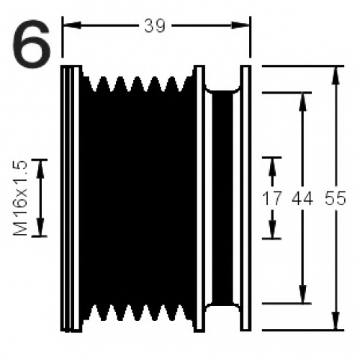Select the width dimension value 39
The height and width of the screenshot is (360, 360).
(x=155, y=26)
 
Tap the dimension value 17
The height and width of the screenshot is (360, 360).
(x=271, y=199)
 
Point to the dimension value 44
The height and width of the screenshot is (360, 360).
(x=302, y=199)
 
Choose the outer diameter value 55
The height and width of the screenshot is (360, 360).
(x=336, y=199)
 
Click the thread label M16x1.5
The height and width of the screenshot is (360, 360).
(x=20, y=198)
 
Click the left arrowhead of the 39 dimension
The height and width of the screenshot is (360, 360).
(x=71, y=25)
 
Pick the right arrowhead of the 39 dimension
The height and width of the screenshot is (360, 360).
(x=240, y=25)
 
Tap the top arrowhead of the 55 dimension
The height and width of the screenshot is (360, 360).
(x=336, y=75)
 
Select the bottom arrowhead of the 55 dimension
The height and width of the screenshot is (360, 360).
(x=336, y=320)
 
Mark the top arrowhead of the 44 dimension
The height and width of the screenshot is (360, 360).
(x=303, y=102)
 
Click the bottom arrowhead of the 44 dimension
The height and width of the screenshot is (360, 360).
(x=303, y=294)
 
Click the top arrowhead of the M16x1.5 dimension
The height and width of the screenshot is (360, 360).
(x=40, y=169)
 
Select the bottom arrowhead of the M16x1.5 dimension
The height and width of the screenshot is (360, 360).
(x=40, y=227)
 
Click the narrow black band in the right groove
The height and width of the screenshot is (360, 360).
(x=222, y=198)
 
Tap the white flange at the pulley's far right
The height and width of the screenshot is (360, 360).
(x=246, y=198)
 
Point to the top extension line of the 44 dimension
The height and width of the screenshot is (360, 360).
(x=287, y=92)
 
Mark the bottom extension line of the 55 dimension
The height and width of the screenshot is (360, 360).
(x=303, y=330)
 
